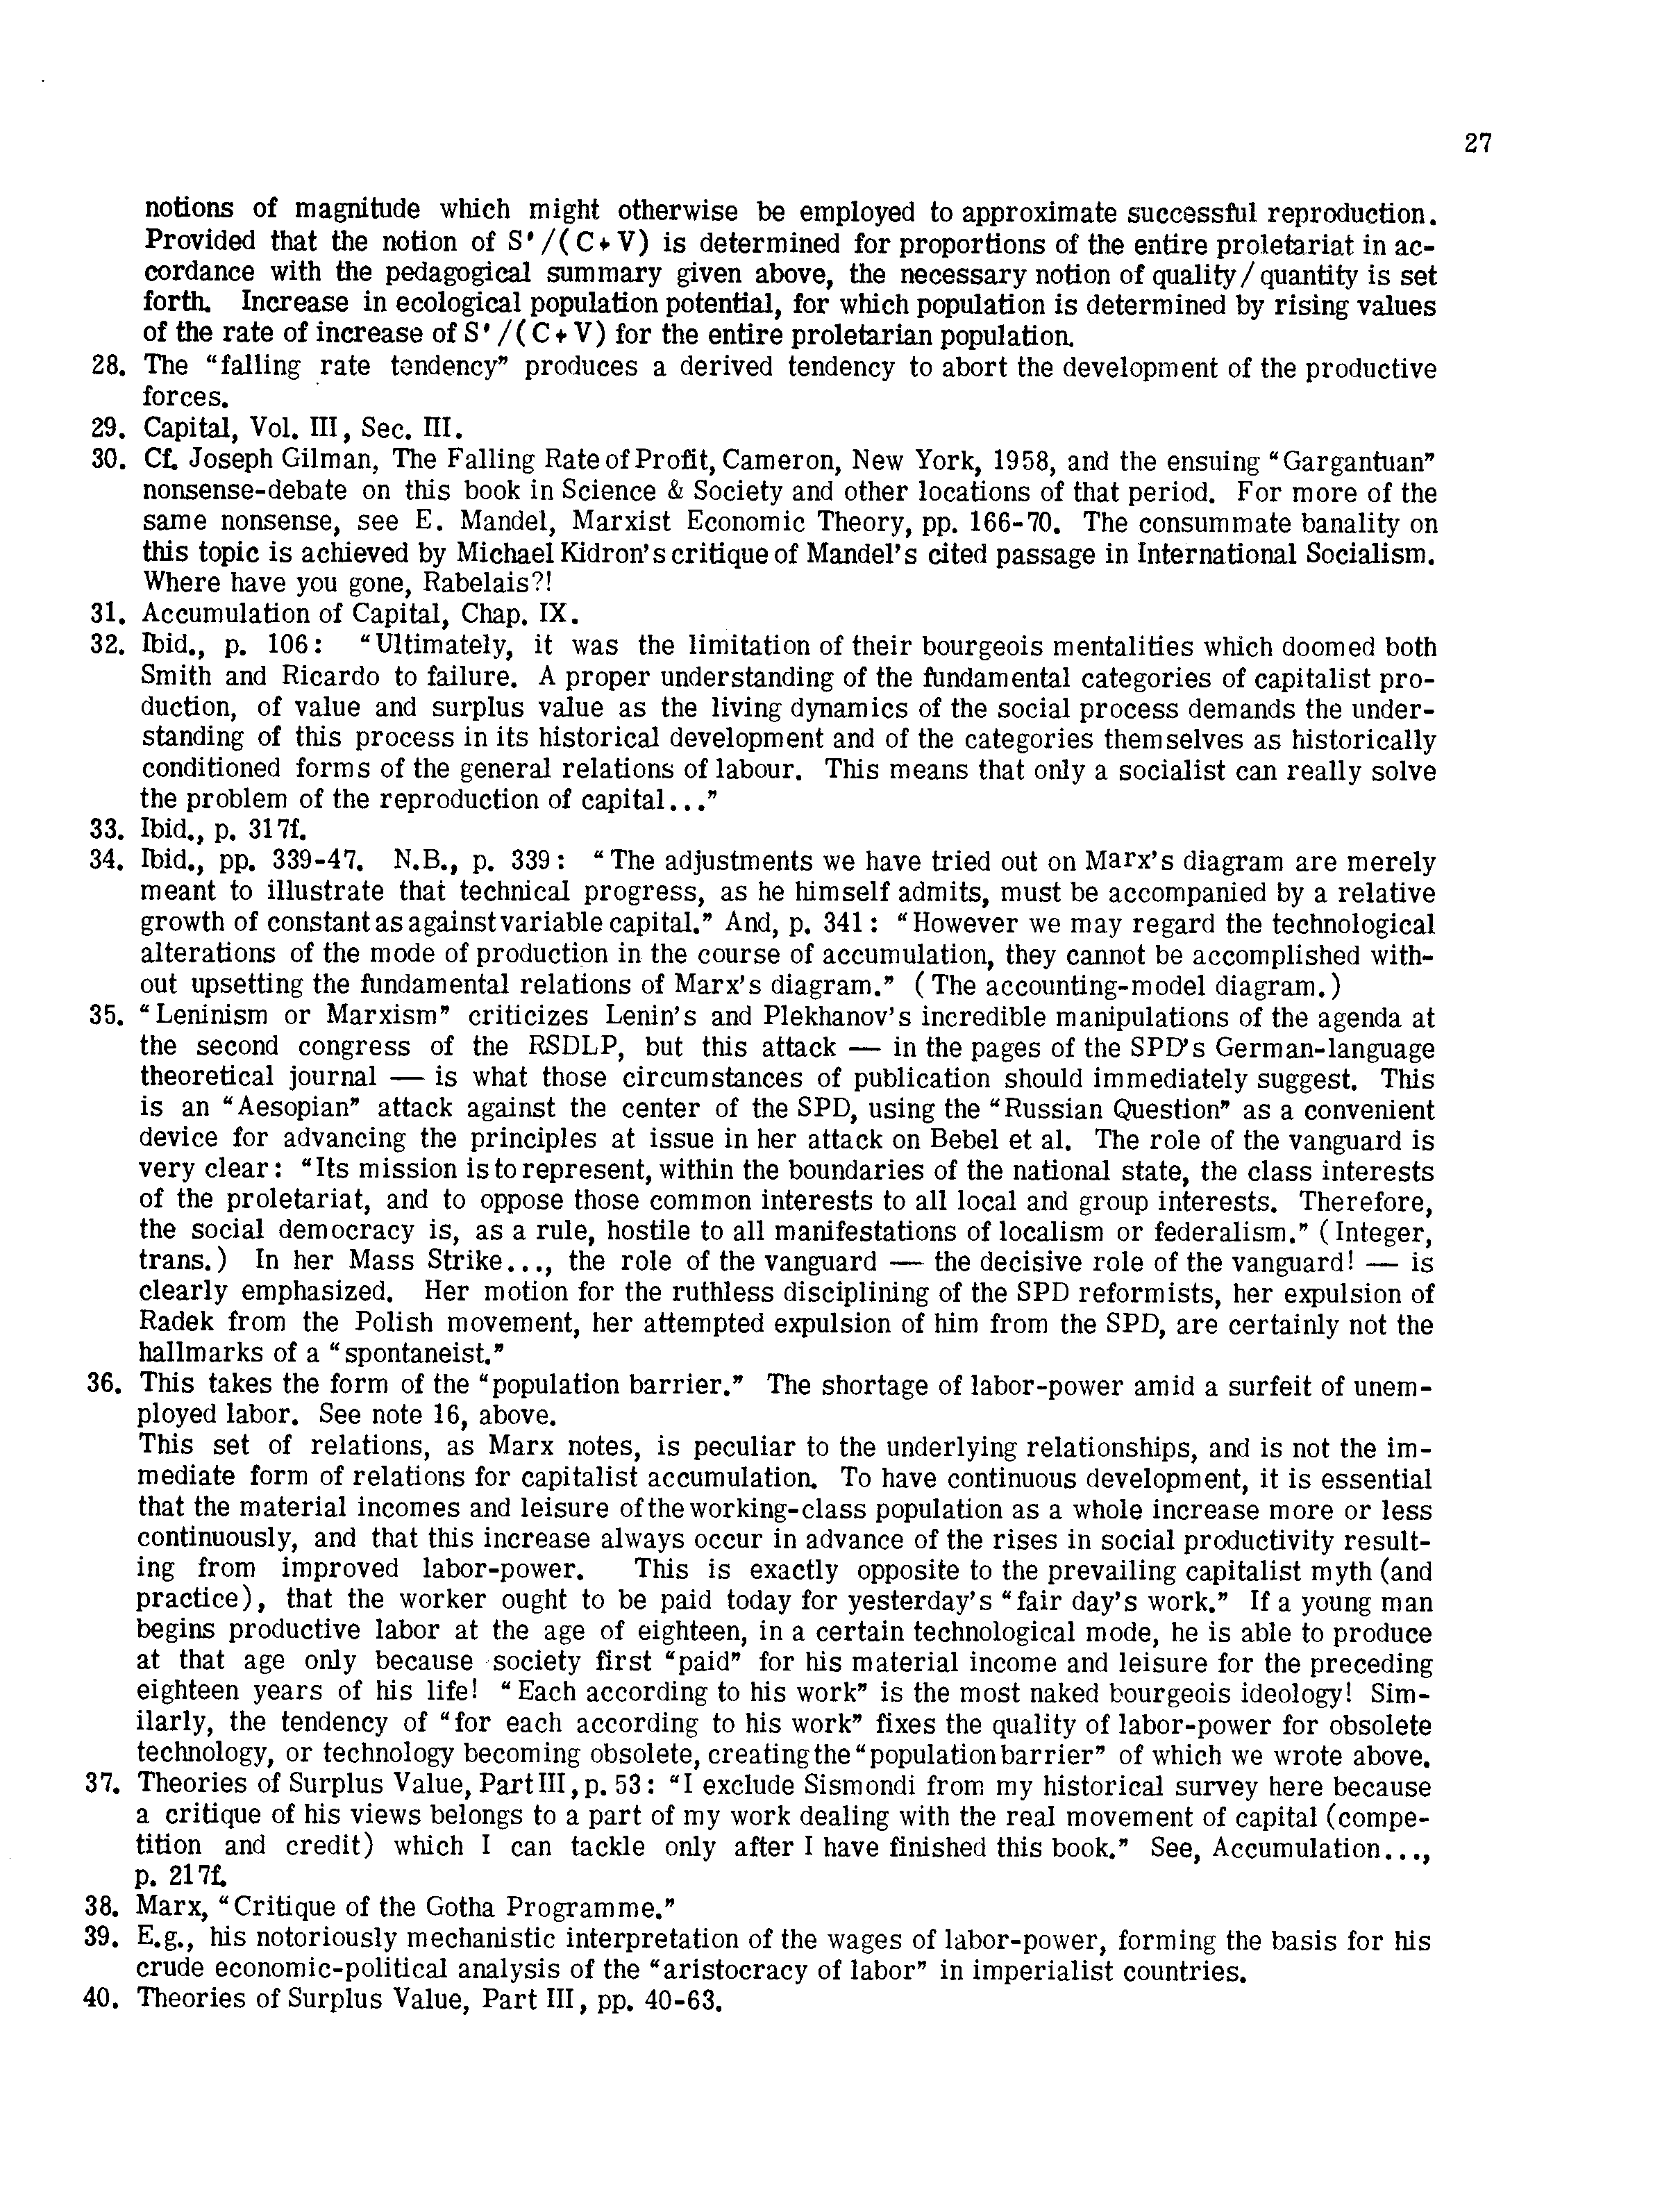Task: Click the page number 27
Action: (1477, 144)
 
